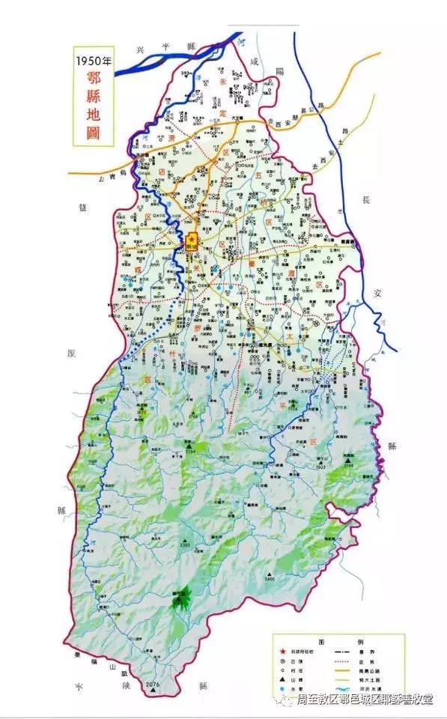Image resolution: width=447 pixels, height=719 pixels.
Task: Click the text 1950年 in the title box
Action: (x=92, y=61)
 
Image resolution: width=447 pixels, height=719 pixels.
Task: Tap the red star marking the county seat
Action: (x=192, y=237)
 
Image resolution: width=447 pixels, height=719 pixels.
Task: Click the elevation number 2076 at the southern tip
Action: (x=153, y=685)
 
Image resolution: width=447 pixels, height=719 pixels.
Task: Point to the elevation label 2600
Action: (x=270, y=579)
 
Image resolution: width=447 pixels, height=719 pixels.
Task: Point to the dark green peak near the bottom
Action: (x=181, y=598)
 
